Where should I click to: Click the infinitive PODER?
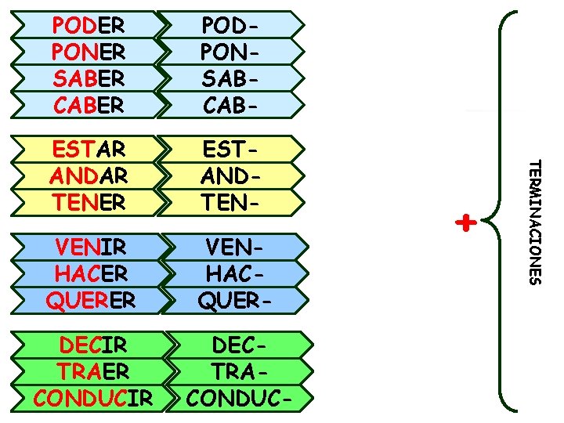click(x=88, y=25)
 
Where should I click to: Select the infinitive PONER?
click(x=88, y=52)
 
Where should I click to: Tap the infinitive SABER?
click(x=88, y=78)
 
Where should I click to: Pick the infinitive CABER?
click(x=88, y=103)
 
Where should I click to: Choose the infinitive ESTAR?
click(x=88, y=149)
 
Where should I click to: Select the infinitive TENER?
click(x=88, y=201)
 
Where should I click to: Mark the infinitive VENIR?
click(x=91, y=248)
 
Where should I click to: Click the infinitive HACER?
click(x=91, y=273)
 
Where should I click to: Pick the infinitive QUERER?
click(x=91, y=299)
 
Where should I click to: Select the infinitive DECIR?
click(x=93, y=345)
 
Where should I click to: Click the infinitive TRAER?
click(x=93, y=371)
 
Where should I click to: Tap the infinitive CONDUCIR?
click(x=93, y=397)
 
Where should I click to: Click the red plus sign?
click(x=466, y=223)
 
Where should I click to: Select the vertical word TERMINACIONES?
click(x=533, y=222)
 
